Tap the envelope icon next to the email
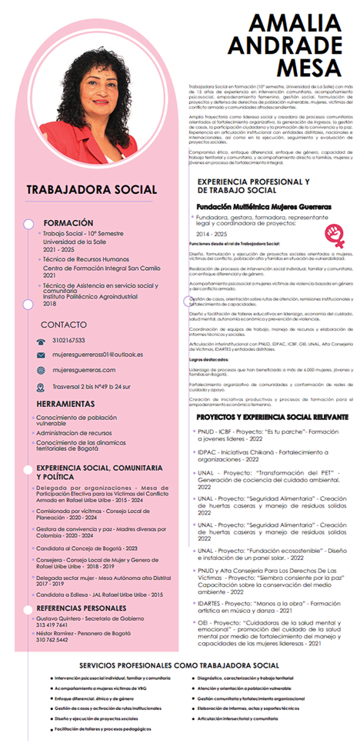[41, 355]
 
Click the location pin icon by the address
[41, 388]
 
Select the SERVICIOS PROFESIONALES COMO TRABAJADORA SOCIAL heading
[179, 665]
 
